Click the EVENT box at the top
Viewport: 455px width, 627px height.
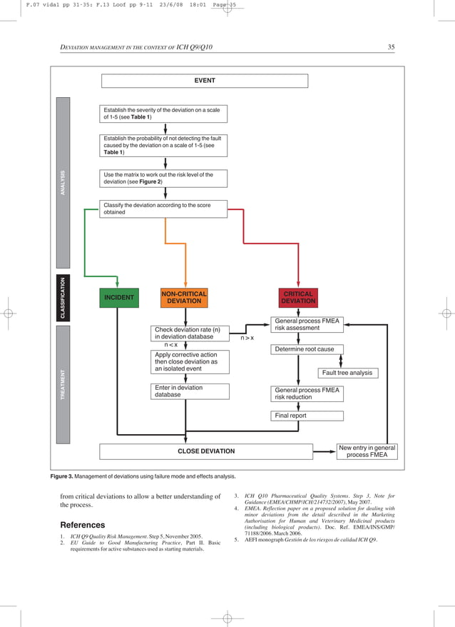(205, 81)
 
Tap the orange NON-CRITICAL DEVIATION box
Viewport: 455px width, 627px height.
(184, 298)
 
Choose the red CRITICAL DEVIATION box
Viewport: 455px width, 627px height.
(298, 298)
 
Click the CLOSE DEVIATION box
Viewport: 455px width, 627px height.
(205, 451)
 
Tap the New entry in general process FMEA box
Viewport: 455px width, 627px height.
(367, 451)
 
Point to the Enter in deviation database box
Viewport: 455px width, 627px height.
(190, 391)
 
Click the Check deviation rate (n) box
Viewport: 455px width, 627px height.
(190, 333)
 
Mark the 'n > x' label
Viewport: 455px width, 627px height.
(247, 338)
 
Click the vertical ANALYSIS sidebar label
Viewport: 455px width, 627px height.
(63, 182)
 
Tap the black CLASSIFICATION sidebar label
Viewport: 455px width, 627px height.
(63, 297)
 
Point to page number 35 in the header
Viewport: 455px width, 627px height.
(391, 47)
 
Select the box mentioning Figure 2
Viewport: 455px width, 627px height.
(165, 178)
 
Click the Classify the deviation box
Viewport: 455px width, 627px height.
(165, 209)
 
